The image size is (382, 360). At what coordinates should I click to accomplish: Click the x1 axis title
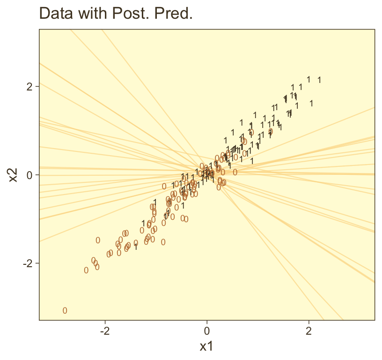pos(206,347)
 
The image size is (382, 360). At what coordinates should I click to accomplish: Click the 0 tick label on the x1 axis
pos(207,330)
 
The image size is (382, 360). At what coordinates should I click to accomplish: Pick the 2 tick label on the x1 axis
pos(309,330)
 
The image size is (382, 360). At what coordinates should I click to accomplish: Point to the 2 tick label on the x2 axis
pos(30,87)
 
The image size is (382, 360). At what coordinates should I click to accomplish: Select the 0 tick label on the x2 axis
pos(30,175)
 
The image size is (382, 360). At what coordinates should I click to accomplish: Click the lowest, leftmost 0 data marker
pos(65,310)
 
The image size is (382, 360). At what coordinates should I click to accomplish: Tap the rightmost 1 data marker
pos(319,80)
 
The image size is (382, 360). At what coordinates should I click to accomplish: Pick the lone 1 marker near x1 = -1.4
pos(136,247)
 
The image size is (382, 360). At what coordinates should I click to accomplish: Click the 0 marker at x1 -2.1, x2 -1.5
pos(98,240)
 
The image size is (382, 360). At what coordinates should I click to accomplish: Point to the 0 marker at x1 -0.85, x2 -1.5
pos(163,242)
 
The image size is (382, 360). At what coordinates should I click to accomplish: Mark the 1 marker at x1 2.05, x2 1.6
pos(311,103)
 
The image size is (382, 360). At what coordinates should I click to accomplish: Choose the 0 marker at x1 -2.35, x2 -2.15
pos(86,270)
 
